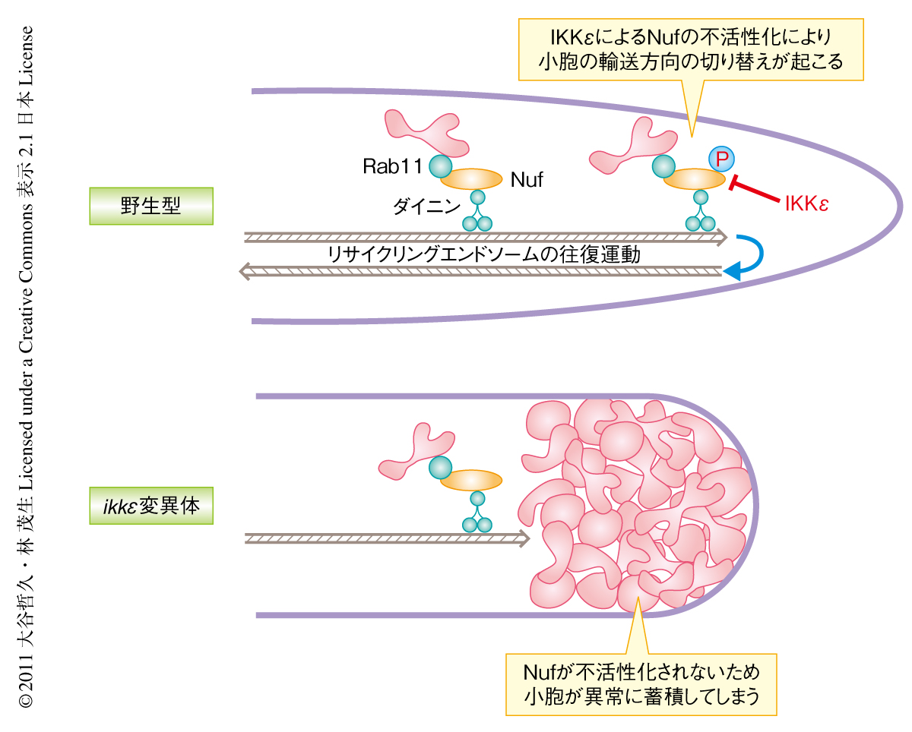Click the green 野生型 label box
point(150,206)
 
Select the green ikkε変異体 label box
point(150,506)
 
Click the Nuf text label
point(527,181)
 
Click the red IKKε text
point(806,204)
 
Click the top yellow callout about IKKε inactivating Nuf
point(691,50)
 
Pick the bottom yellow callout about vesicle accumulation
point(641,683)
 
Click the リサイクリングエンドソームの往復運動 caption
point(483,254)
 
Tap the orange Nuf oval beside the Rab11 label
point(471,179)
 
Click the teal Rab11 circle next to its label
point(440,165)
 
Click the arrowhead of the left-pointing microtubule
point(245,270)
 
